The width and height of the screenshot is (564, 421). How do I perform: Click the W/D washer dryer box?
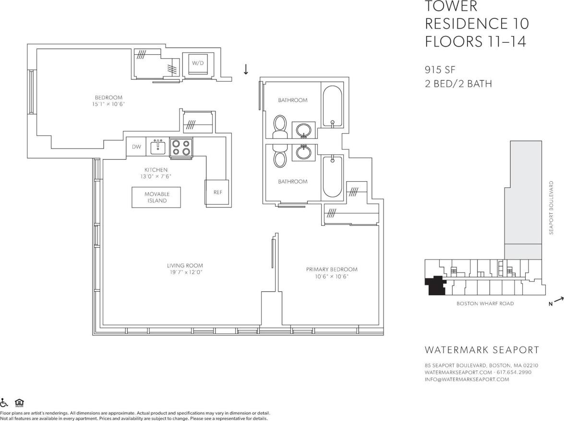(198, 63)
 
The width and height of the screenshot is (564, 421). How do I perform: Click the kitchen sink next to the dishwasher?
(158, 147)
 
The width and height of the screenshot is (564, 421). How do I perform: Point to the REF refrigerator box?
(217, 192)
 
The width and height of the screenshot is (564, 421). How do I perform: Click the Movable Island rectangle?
(156, 197)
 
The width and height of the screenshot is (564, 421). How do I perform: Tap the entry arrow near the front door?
(246, 69)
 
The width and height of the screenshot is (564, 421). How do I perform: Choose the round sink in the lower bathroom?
(303, 152)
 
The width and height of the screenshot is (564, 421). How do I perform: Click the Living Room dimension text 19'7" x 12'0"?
(185, 272)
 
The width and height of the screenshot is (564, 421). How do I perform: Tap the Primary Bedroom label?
(332, 269)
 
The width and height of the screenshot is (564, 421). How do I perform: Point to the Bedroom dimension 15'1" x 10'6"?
(108, 104)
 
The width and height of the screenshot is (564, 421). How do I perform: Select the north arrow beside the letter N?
(558, 300)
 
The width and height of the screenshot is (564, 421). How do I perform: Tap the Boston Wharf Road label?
(485, 303)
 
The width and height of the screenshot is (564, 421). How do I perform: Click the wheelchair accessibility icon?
(4, 403)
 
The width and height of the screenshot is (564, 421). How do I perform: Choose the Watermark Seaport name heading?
(482, 350)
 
